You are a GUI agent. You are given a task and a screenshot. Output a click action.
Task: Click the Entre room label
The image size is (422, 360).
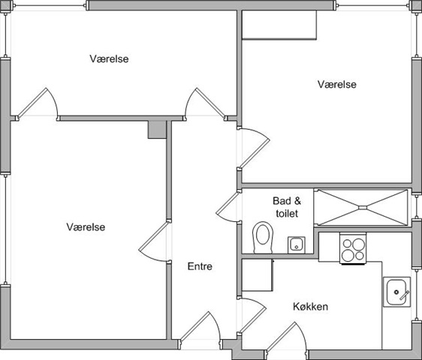(200, 266)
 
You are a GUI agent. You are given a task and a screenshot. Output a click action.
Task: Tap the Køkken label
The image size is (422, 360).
(310, 307)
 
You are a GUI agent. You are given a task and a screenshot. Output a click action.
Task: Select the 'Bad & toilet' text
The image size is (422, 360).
(287, 207)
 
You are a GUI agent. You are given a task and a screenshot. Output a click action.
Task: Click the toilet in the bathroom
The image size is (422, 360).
(263, 237)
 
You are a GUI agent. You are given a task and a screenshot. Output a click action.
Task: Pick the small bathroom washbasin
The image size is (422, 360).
(297, 245)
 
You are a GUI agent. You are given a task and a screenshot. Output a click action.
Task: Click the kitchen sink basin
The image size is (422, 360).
(397, 292)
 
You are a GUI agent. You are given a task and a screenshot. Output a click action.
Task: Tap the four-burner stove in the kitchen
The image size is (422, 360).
(353, 248)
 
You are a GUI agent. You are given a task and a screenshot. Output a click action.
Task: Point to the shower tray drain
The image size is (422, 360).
(363, 207)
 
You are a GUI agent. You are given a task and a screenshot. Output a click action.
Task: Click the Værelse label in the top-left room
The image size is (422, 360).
(109, 58)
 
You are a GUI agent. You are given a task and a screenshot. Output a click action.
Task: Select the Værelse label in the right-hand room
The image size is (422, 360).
(337, 84)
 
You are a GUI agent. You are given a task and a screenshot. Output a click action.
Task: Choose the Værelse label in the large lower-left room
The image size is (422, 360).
(86, 227)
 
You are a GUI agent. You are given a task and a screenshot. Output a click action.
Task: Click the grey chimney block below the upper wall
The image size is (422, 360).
(157, 130)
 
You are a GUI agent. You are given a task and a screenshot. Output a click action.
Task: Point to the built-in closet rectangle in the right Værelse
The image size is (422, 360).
(279, 25)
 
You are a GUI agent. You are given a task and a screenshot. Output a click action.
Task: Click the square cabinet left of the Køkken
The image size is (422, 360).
(258, 275)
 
